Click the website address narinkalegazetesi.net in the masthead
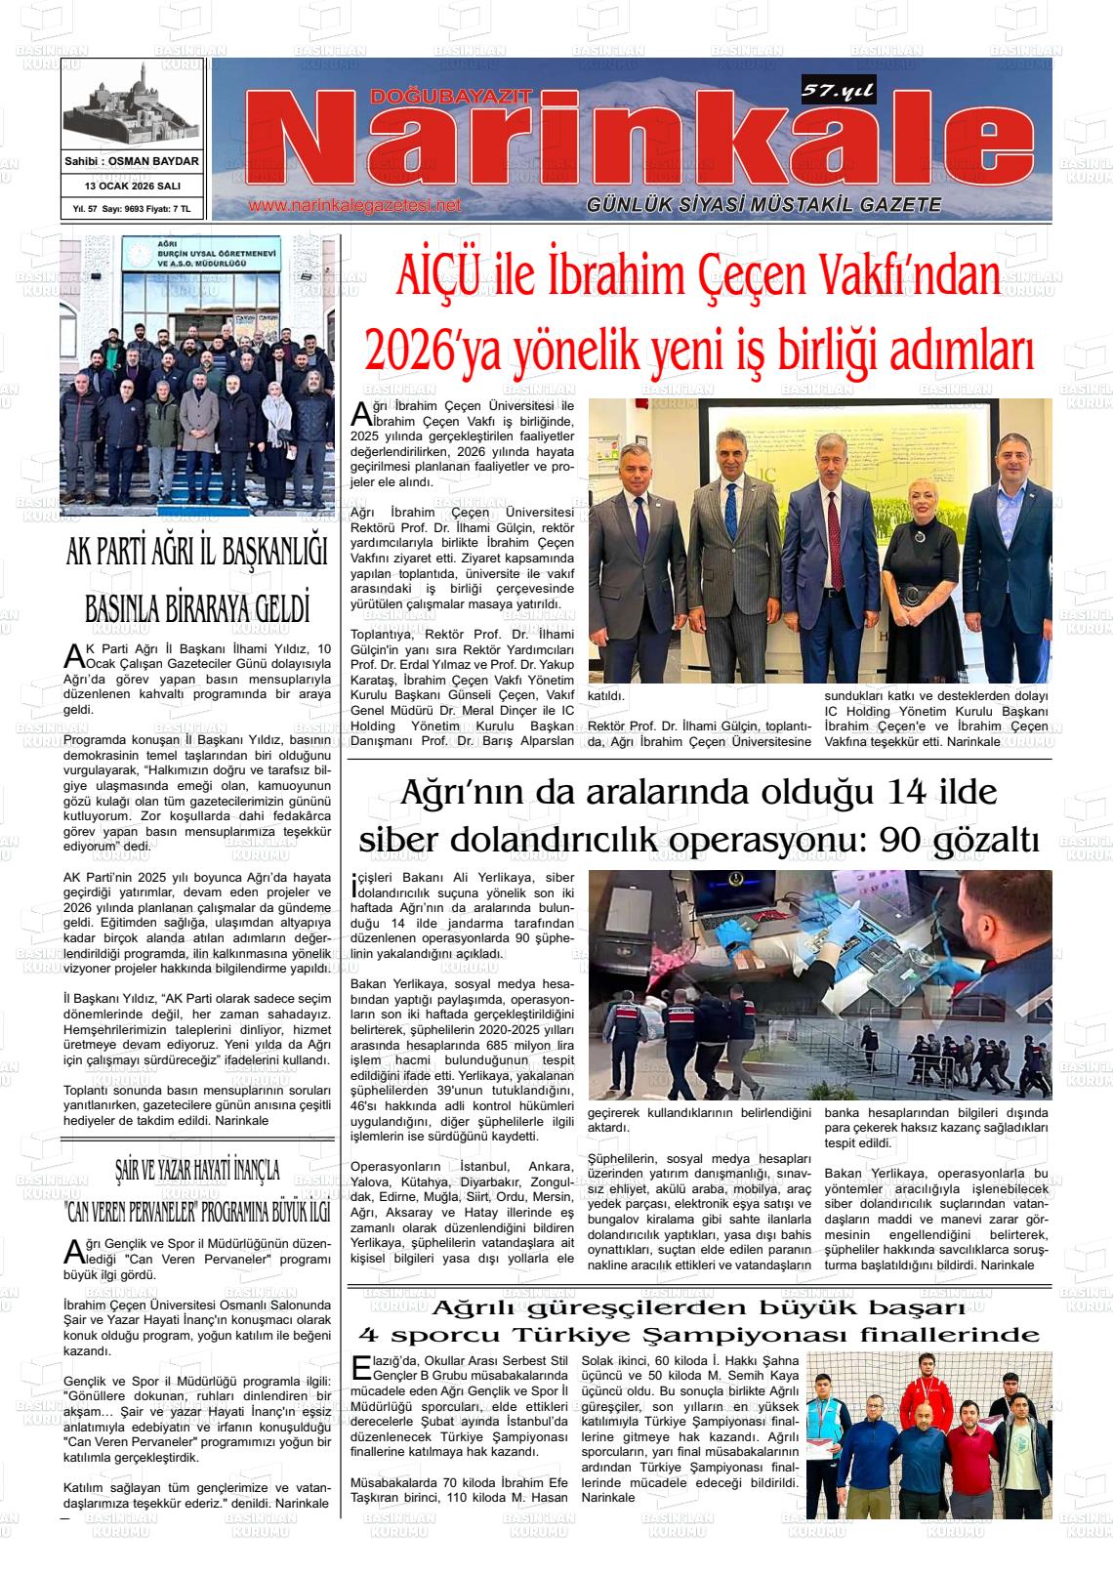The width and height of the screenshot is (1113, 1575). coord(353,206)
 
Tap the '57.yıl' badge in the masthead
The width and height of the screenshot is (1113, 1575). coord(837,92)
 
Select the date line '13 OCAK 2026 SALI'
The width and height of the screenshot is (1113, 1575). coord(133,186)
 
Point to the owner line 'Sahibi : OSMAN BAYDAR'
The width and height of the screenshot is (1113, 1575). coord(132,161)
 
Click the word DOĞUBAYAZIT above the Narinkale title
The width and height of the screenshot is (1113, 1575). coord(451,96)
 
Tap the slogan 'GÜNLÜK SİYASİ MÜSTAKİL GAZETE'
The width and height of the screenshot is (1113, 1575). coord(763,205)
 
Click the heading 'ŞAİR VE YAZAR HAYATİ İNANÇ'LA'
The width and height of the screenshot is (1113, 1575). coord(197,1169)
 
